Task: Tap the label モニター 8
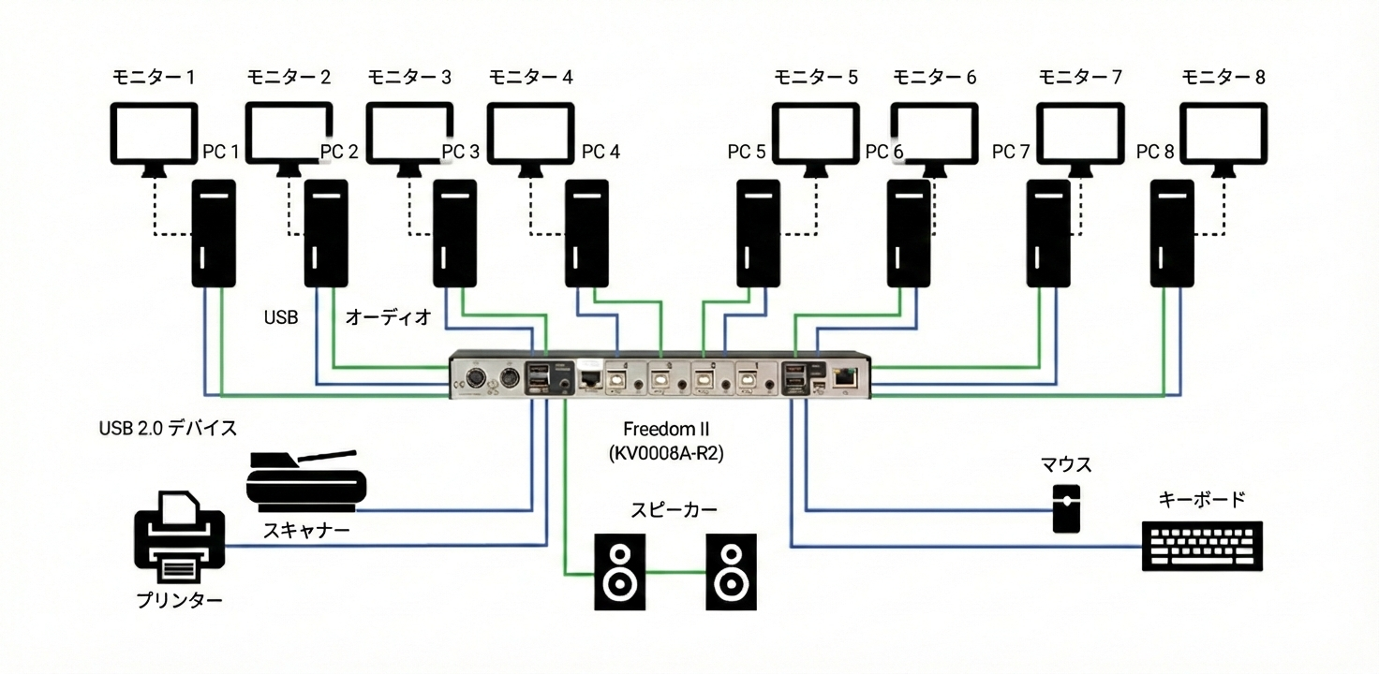pyautogui.click(x=1223, y=78)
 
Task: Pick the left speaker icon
pyautogui.click(x=620, y=572)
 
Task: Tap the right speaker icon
pyautogui.click(x=731, y=572)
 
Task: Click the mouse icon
pyautogui.click(x=1066, y=508)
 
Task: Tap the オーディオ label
pyautogui.click(x=389, y=317)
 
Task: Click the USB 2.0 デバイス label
pyautogui.click(x=168, y=429)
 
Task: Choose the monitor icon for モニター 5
pyautogui.click(x=815, y=133)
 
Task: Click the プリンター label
pyautogui.click(x=179, y=600)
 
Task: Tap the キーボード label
pyautogui.click(x=1202, y=499)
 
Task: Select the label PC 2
pyautogui.click(x=338, y=152)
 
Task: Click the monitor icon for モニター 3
pyautogui.click(x=408, y=133)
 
